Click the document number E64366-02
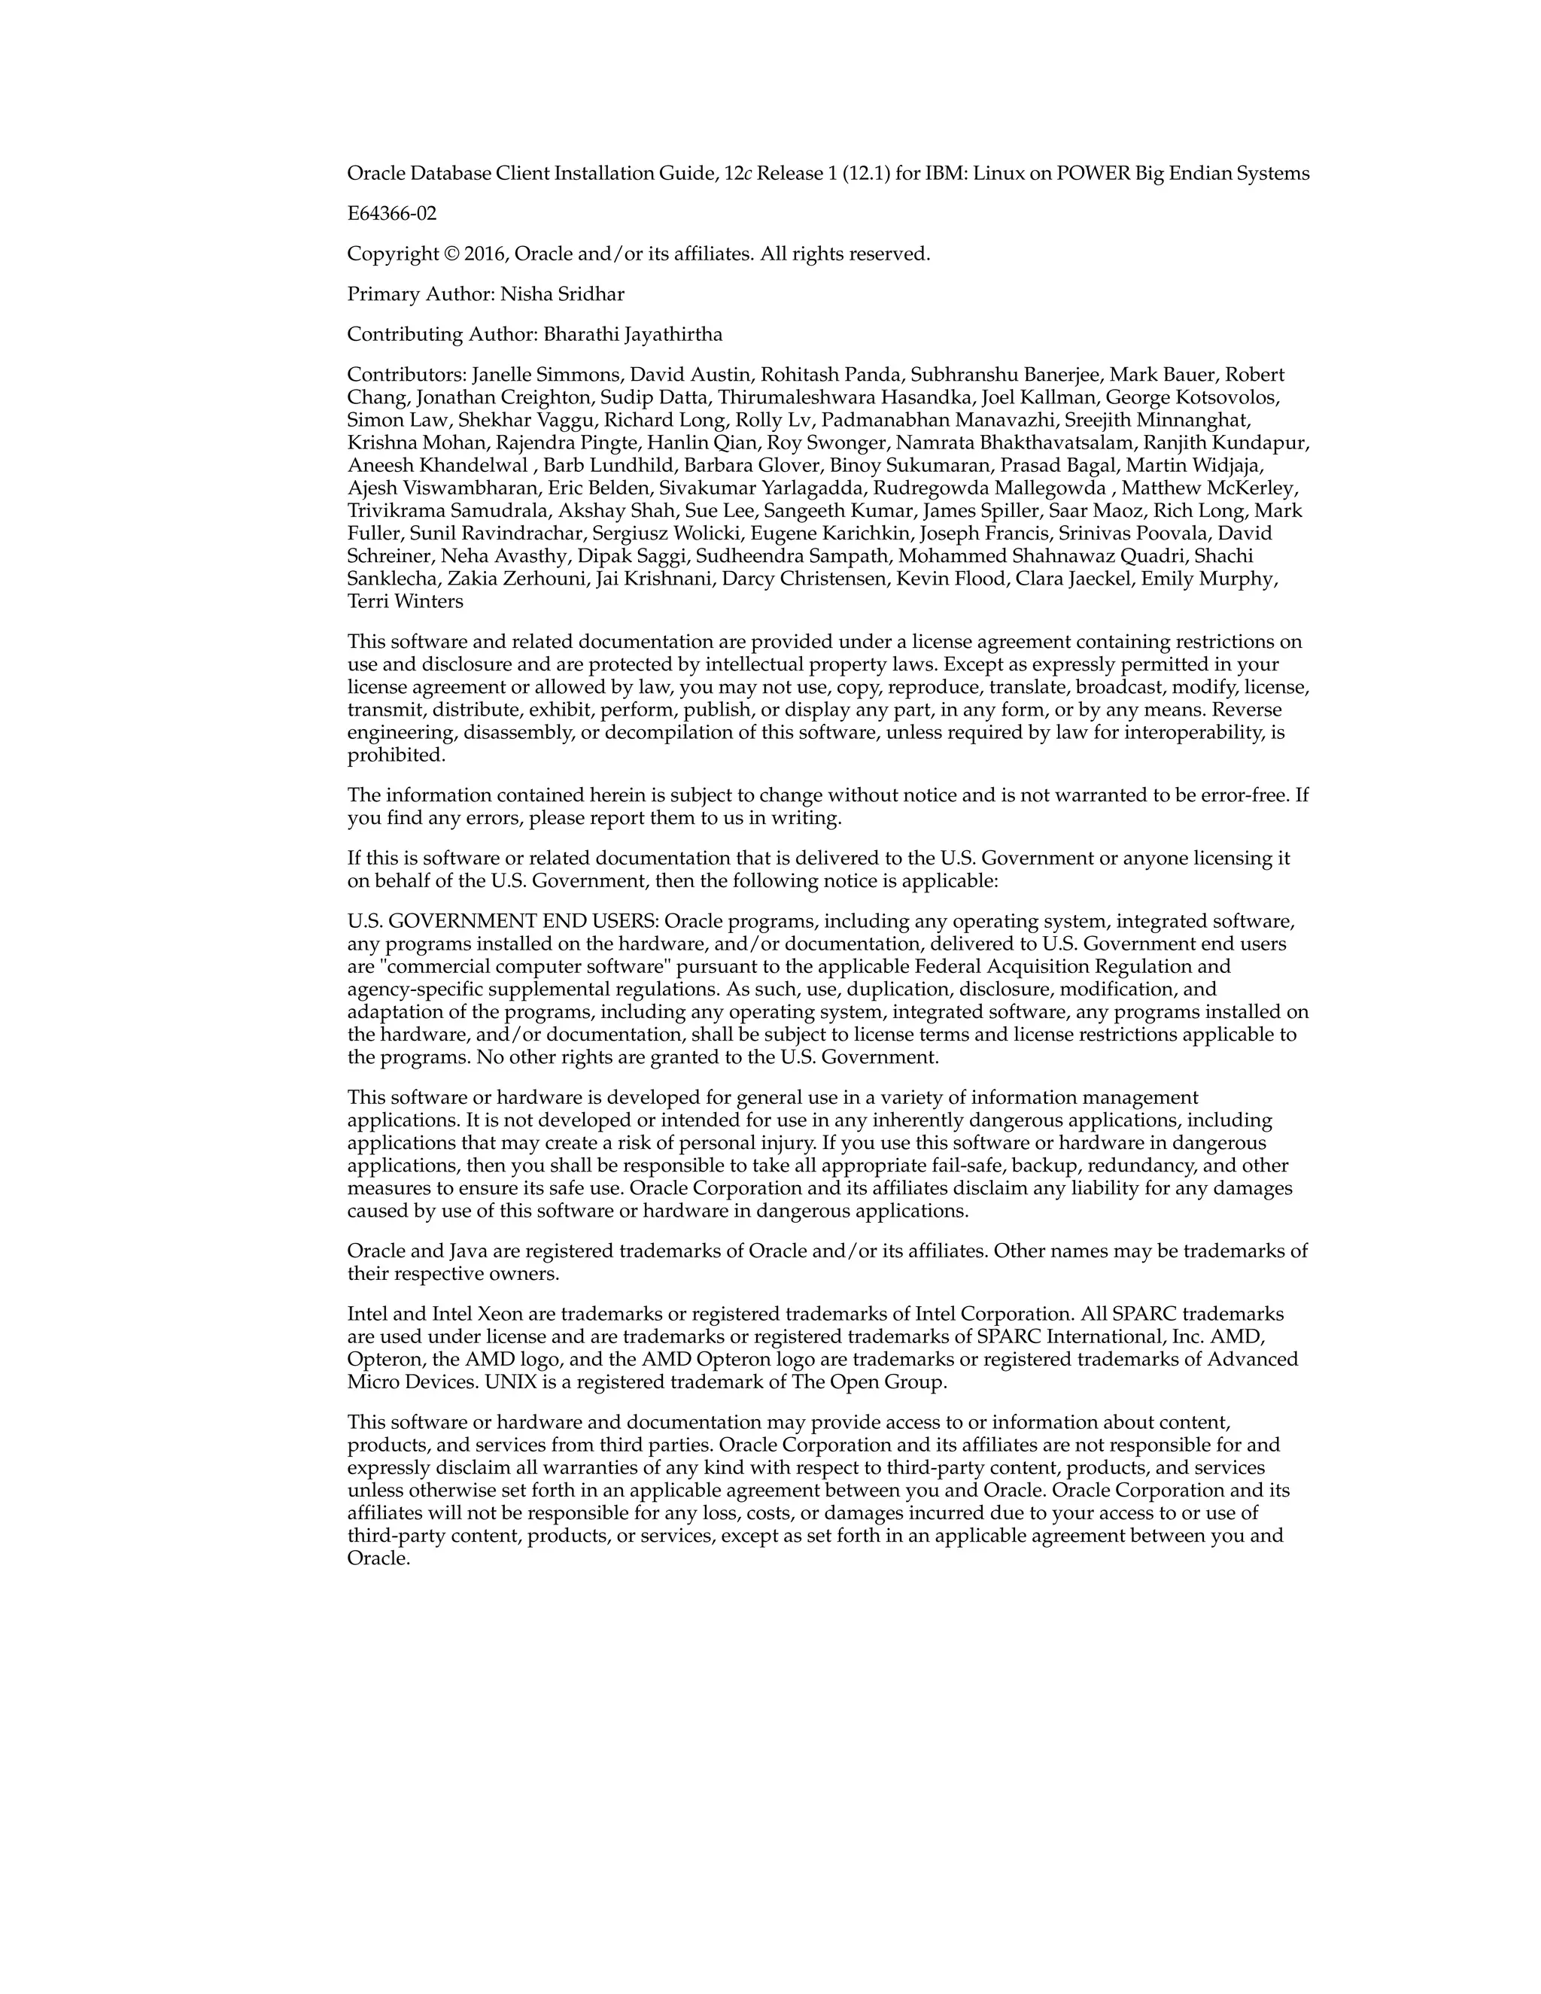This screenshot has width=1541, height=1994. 391,214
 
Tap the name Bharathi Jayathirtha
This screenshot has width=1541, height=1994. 633,334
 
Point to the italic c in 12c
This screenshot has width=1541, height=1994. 748,174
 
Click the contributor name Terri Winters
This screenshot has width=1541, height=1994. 406,602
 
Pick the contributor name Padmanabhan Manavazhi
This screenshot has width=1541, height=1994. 919,420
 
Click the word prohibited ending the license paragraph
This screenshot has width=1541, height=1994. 395,755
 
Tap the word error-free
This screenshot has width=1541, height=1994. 1242,795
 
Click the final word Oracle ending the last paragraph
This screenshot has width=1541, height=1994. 378,1558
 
